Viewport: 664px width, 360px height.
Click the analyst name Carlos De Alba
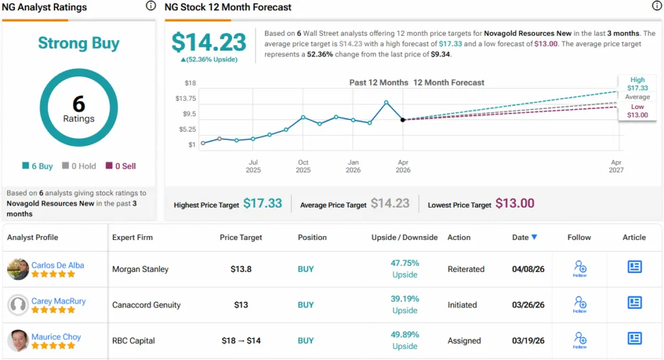[x=58, y=265]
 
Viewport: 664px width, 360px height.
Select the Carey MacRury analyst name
[x=58, y=301]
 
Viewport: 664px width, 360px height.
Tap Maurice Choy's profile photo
[x=18, y=341]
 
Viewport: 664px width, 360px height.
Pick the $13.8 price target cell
[x=241, y=269]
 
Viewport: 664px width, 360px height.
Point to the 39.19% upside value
[x=405, y=299]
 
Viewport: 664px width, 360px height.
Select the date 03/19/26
[x=528, y=341]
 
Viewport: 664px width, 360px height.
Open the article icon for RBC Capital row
[x=634, y=339]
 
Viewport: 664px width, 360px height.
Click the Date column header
[x=524, y=237]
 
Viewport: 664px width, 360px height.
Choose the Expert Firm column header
[x=132, y=237]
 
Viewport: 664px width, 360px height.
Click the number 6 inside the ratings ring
[x=78, y=104]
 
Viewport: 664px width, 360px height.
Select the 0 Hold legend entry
[x=79, y=166]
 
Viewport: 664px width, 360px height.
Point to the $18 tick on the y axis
[x=190, y=83]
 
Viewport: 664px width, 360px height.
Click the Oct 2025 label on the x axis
[x=303, y=166]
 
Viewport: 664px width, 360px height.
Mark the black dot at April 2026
[x=403, y=119]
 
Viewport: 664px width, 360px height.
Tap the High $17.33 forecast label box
[x=637, y=84]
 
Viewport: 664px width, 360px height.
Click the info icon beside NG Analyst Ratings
[x=150, y=6]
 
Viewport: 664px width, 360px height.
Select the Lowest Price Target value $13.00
[x=515, y=204]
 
